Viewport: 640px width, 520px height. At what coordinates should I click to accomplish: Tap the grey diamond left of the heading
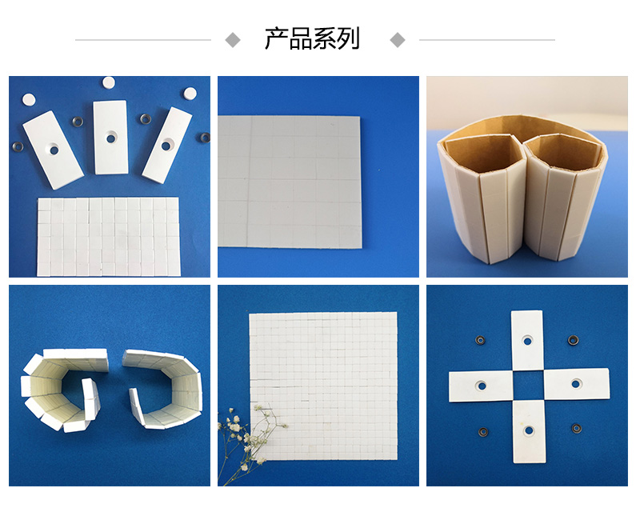click(233, 39)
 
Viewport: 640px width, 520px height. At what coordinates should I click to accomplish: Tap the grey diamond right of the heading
click(397, 39)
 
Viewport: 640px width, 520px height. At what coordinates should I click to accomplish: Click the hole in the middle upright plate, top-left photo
click(110, 138)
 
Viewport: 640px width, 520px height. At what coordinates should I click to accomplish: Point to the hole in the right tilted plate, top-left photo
click(167, 145)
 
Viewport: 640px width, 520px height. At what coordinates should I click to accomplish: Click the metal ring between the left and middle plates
click(78, 122)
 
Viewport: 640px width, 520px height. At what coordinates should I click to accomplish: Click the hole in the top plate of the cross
click(528, 340)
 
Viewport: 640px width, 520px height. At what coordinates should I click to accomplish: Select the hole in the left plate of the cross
click(482, 385)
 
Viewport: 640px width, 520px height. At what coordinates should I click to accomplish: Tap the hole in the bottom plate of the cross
click(528, 430)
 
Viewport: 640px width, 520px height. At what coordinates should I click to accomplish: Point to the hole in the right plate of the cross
click(574, 385)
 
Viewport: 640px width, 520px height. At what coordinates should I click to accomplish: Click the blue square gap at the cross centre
click(528, 385)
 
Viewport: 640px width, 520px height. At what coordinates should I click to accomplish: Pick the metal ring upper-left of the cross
click(480, 340)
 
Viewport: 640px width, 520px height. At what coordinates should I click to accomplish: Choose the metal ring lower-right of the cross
click(574, 430)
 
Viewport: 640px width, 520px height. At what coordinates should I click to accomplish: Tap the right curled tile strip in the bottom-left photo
click(164, 388)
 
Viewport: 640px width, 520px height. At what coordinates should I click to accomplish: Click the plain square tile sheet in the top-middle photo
click(290, 182)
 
